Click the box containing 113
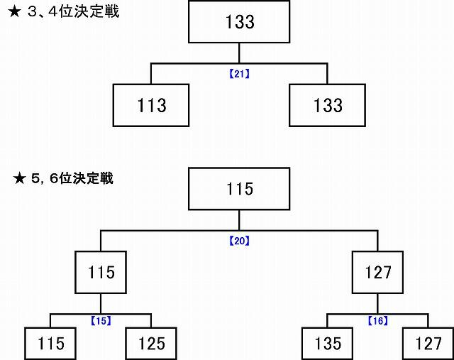pyautogui.click(x=151, y=105)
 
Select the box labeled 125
pyautogui.click(x=151, y=344)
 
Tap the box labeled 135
pyautogui.click(x=327, y=344)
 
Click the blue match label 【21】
pyautogui.click(x=239, y=74)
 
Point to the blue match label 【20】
pyautogui.click(x=239, y=241)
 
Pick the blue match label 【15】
pyautogui.click(x=101, y=321)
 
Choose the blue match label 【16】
pyautogui.click(x=378, y=321)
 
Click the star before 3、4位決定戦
pyautogui.click(x=14, y=13)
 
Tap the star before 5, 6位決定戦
pyautogui.click(x=20, y=178)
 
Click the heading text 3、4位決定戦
pyautogui.click(x=73, y=12)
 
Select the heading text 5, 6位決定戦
pyautogui.click(x=72, y=178)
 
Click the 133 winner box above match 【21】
pyautogui.click(x=239, y=22)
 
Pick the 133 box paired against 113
pyautogui.click(x=327, y=105)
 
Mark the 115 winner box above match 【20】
pyautogui.click(x=239, y=188)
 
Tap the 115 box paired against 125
pyautogui.click(x=50, y=344)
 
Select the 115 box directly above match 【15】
pyautogui.click(x=101, y=272)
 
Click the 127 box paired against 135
pyautogui.click(x=428, y=344)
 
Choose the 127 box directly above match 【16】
pyautogui.click(x=377, y=272)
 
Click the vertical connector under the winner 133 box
pyautogui.click(x=239, y=53)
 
